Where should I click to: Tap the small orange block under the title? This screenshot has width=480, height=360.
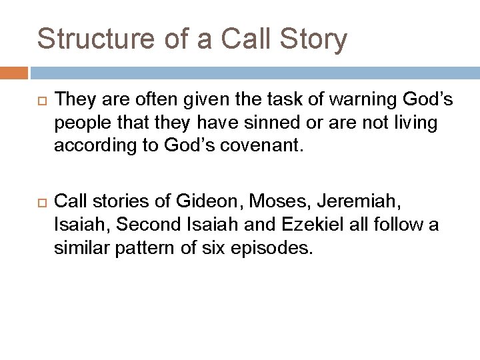coord(14,73)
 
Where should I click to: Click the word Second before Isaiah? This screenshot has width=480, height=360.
coord(141,224)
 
